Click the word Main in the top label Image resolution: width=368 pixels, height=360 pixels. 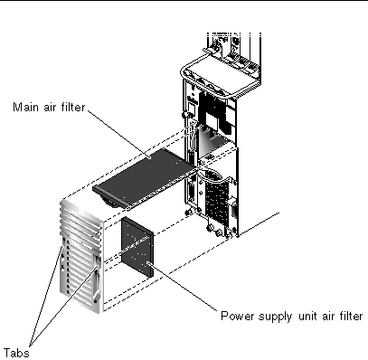[x=26, y=107]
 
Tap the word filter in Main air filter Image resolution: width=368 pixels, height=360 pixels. [x=73, y=107]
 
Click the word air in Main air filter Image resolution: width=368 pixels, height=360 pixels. [x=51, y=108]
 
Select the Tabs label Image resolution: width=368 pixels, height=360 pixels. [x=16, y=353]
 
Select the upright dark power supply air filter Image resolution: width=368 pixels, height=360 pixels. [x=137, y=247]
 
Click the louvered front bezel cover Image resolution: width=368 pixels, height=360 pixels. [x=81, y=256]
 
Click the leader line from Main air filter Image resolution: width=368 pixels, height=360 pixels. [x=118, y=134]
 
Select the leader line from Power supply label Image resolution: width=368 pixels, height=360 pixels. [x=182, y=286]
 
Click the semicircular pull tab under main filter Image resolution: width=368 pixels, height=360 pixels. [x=110, y=203]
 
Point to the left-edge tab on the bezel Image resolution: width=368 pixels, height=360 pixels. [x=62, y=256]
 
